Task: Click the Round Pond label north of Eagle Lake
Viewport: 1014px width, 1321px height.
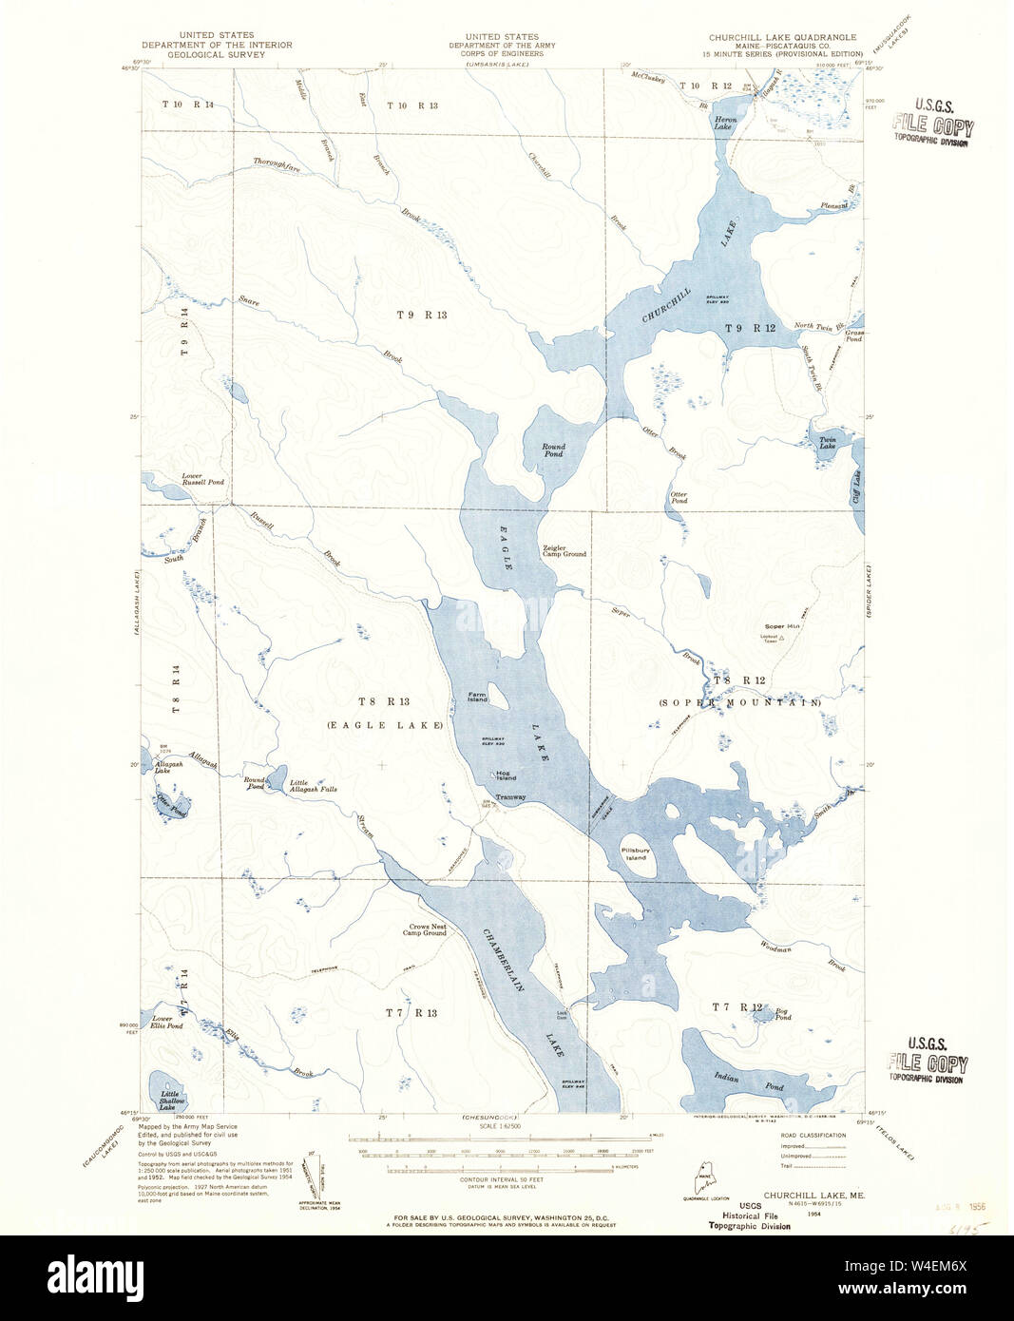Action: coord(553,450)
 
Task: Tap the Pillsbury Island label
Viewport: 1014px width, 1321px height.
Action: coord(634,852)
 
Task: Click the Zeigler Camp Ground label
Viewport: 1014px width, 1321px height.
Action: coord(564,550)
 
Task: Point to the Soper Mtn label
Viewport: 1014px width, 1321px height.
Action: coord(782,626)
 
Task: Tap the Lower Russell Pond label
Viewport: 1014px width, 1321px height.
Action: coord(202,479)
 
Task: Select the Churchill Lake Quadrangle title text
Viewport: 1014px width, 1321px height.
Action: coord(781,38)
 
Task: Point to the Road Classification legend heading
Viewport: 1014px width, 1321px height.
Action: coord(812,1135)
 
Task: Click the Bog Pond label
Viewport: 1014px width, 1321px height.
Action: coord(782,1014)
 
